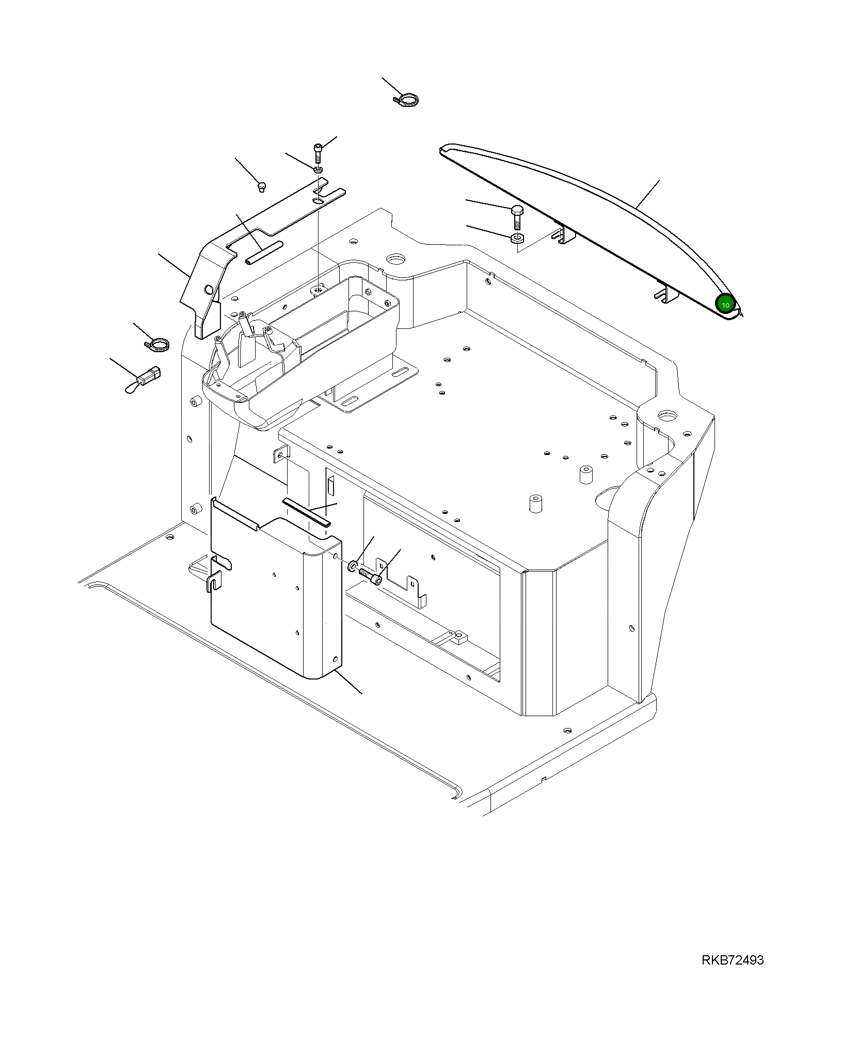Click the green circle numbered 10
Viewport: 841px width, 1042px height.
pos(725,305)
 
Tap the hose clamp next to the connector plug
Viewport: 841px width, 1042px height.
pos(158,344)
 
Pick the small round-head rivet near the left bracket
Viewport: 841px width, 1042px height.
pos(261,185)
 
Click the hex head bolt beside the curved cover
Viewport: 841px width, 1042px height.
pos(517,216)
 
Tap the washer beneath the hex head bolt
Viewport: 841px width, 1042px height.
pos(517,239)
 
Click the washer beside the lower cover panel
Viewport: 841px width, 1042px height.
pos(353,565)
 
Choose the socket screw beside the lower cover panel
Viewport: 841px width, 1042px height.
pos(370,576)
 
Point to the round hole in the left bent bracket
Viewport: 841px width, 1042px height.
pos(209,288)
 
